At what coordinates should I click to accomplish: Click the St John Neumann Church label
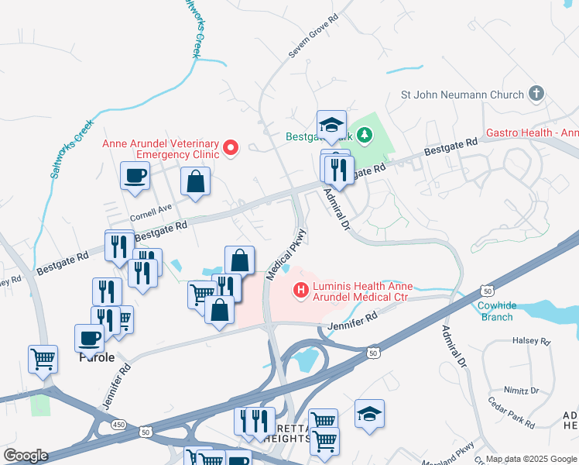[x=462, y=95]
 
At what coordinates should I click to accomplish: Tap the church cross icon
[x=536, y=95]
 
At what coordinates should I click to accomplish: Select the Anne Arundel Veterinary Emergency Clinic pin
[x=230, y=146]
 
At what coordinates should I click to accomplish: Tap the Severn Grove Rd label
[x=314, y=36]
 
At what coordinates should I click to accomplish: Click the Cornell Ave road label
[x=151, y=209]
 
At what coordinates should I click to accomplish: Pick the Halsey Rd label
[x=535, y=341]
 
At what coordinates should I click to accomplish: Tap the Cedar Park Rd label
[x=512, y=414]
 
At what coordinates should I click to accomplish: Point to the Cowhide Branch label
[x=496, y=312]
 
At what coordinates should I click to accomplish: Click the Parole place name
[x=97, y=358]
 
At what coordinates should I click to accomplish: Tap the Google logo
[x=26, y=456]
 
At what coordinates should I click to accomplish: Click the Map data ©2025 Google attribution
[x=531, y=459]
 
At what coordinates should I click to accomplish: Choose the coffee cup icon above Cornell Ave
[x=135, y=175]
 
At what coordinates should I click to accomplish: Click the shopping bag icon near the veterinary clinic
[x=195, y=182]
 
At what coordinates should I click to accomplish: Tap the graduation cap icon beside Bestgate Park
[x=331, y=124]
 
